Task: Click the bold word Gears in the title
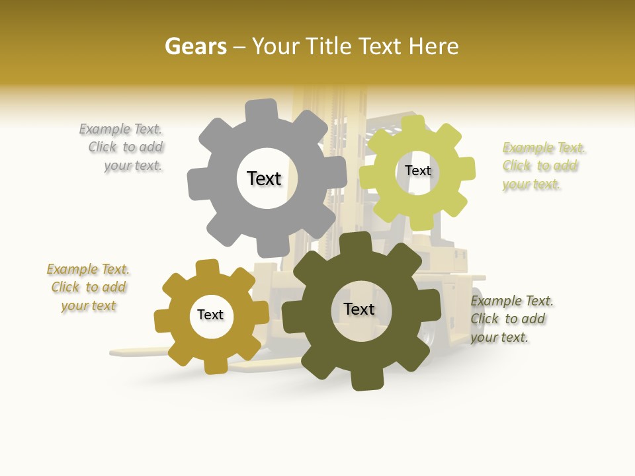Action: coord(195,46)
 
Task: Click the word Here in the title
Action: coord(434,46)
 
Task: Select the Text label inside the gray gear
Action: coord(264,178)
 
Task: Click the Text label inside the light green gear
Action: coord(417,171)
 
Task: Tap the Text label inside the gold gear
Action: coord(210,315)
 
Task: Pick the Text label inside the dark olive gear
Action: coord(359,309)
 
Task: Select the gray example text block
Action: coord(123,147)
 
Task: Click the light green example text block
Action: coord(542,166)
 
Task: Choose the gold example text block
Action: coord(88,288)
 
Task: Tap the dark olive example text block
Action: coord(511,319)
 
